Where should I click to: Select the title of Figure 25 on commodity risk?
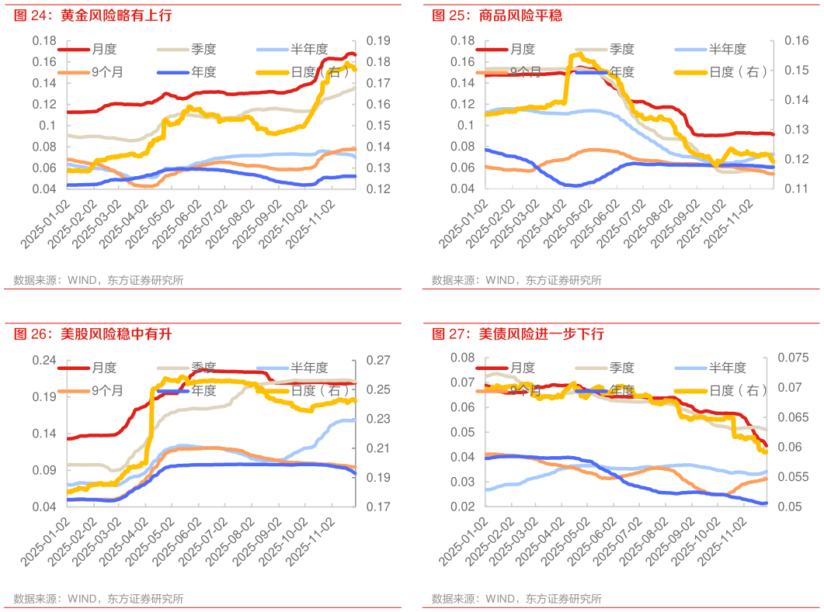(496, 16)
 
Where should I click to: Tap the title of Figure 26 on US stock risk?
(92, 334)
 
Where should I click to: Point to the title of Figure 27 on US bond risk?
(518, 334)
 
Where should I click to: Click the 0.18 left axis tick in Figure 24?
(47, 40)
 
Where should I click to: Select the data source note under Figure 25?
(516, 280)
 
